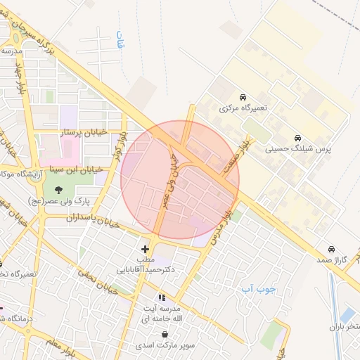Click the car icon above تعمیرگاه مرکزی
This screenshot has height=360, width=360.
(x=243, y=96)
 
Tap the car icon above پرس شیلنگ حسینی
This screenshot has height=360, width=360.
(x=298, y=138)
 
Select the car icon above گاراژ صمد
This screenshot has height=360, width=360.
(x=331, y=249)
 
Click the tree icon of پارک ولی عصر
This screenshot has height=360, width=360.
(x=58, y=188)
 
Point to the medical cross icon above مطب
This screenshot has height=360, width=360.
(x=146, y=249)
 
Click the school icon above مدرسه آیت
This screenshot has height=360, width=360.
(x=162, y=298)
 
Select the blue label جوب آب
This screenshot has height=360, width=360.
(x=257, y=288)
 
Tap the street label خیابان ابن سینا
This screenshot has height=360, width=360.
(x=78, y=169)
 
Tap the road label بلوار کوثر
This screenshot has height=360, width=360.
(x=122, y=146)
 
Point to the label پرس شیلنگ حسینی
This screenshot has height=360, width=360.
(x=298, y=150)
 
